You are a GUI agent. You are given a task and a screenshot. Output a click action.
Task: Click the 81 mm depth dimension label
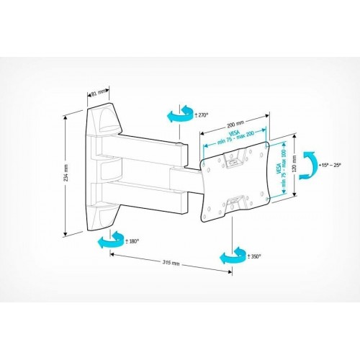(99, 92)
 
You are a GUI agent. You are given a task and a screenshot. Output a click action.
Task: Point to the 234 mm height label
(66, 174)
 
